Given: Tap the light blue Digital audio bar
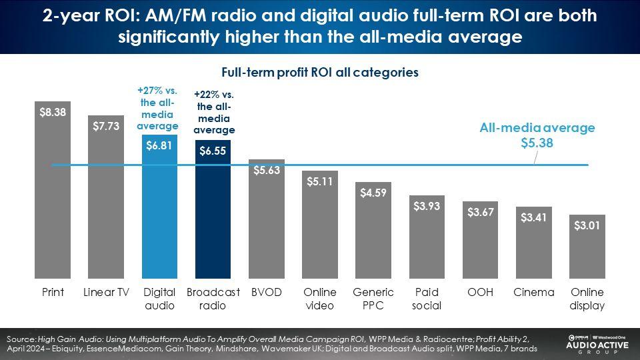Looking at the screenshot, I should [x=159, y=213].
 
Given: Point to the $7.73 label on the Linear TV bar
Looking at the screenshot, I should [x=106, y=126].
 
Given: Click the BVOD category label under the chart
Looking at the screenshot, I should [x=266, y=293].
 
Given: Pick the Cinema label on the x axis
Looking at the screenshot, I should [x=534, y=293].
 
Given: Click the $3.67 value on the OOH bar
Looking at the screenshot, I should [x=480, y=212].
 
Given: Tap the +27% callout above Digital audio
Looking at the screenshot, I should [x=159, y=107].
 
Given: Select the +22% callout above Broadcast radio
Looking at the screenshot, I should [x=214, y=112].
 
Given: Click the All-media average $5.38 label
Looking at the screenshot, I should [x=537, y=135].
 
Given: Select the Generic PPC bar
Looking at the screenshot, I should [x=373, y=233].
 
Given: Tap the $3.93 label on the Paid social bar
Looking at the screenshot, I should [x=427, y=207].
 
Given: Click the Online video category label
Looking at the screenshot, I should [x=320, y=299].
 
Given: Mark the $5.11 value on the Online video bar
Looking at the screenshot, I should [x=320, y=181].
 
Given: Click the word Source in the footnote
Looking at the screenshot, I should [x=21, y=339].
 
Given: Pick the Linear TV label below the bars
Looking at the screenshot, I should [x=106, y=293].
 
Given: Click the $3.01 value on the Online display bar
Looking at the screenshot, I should [x=587, y=225].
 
